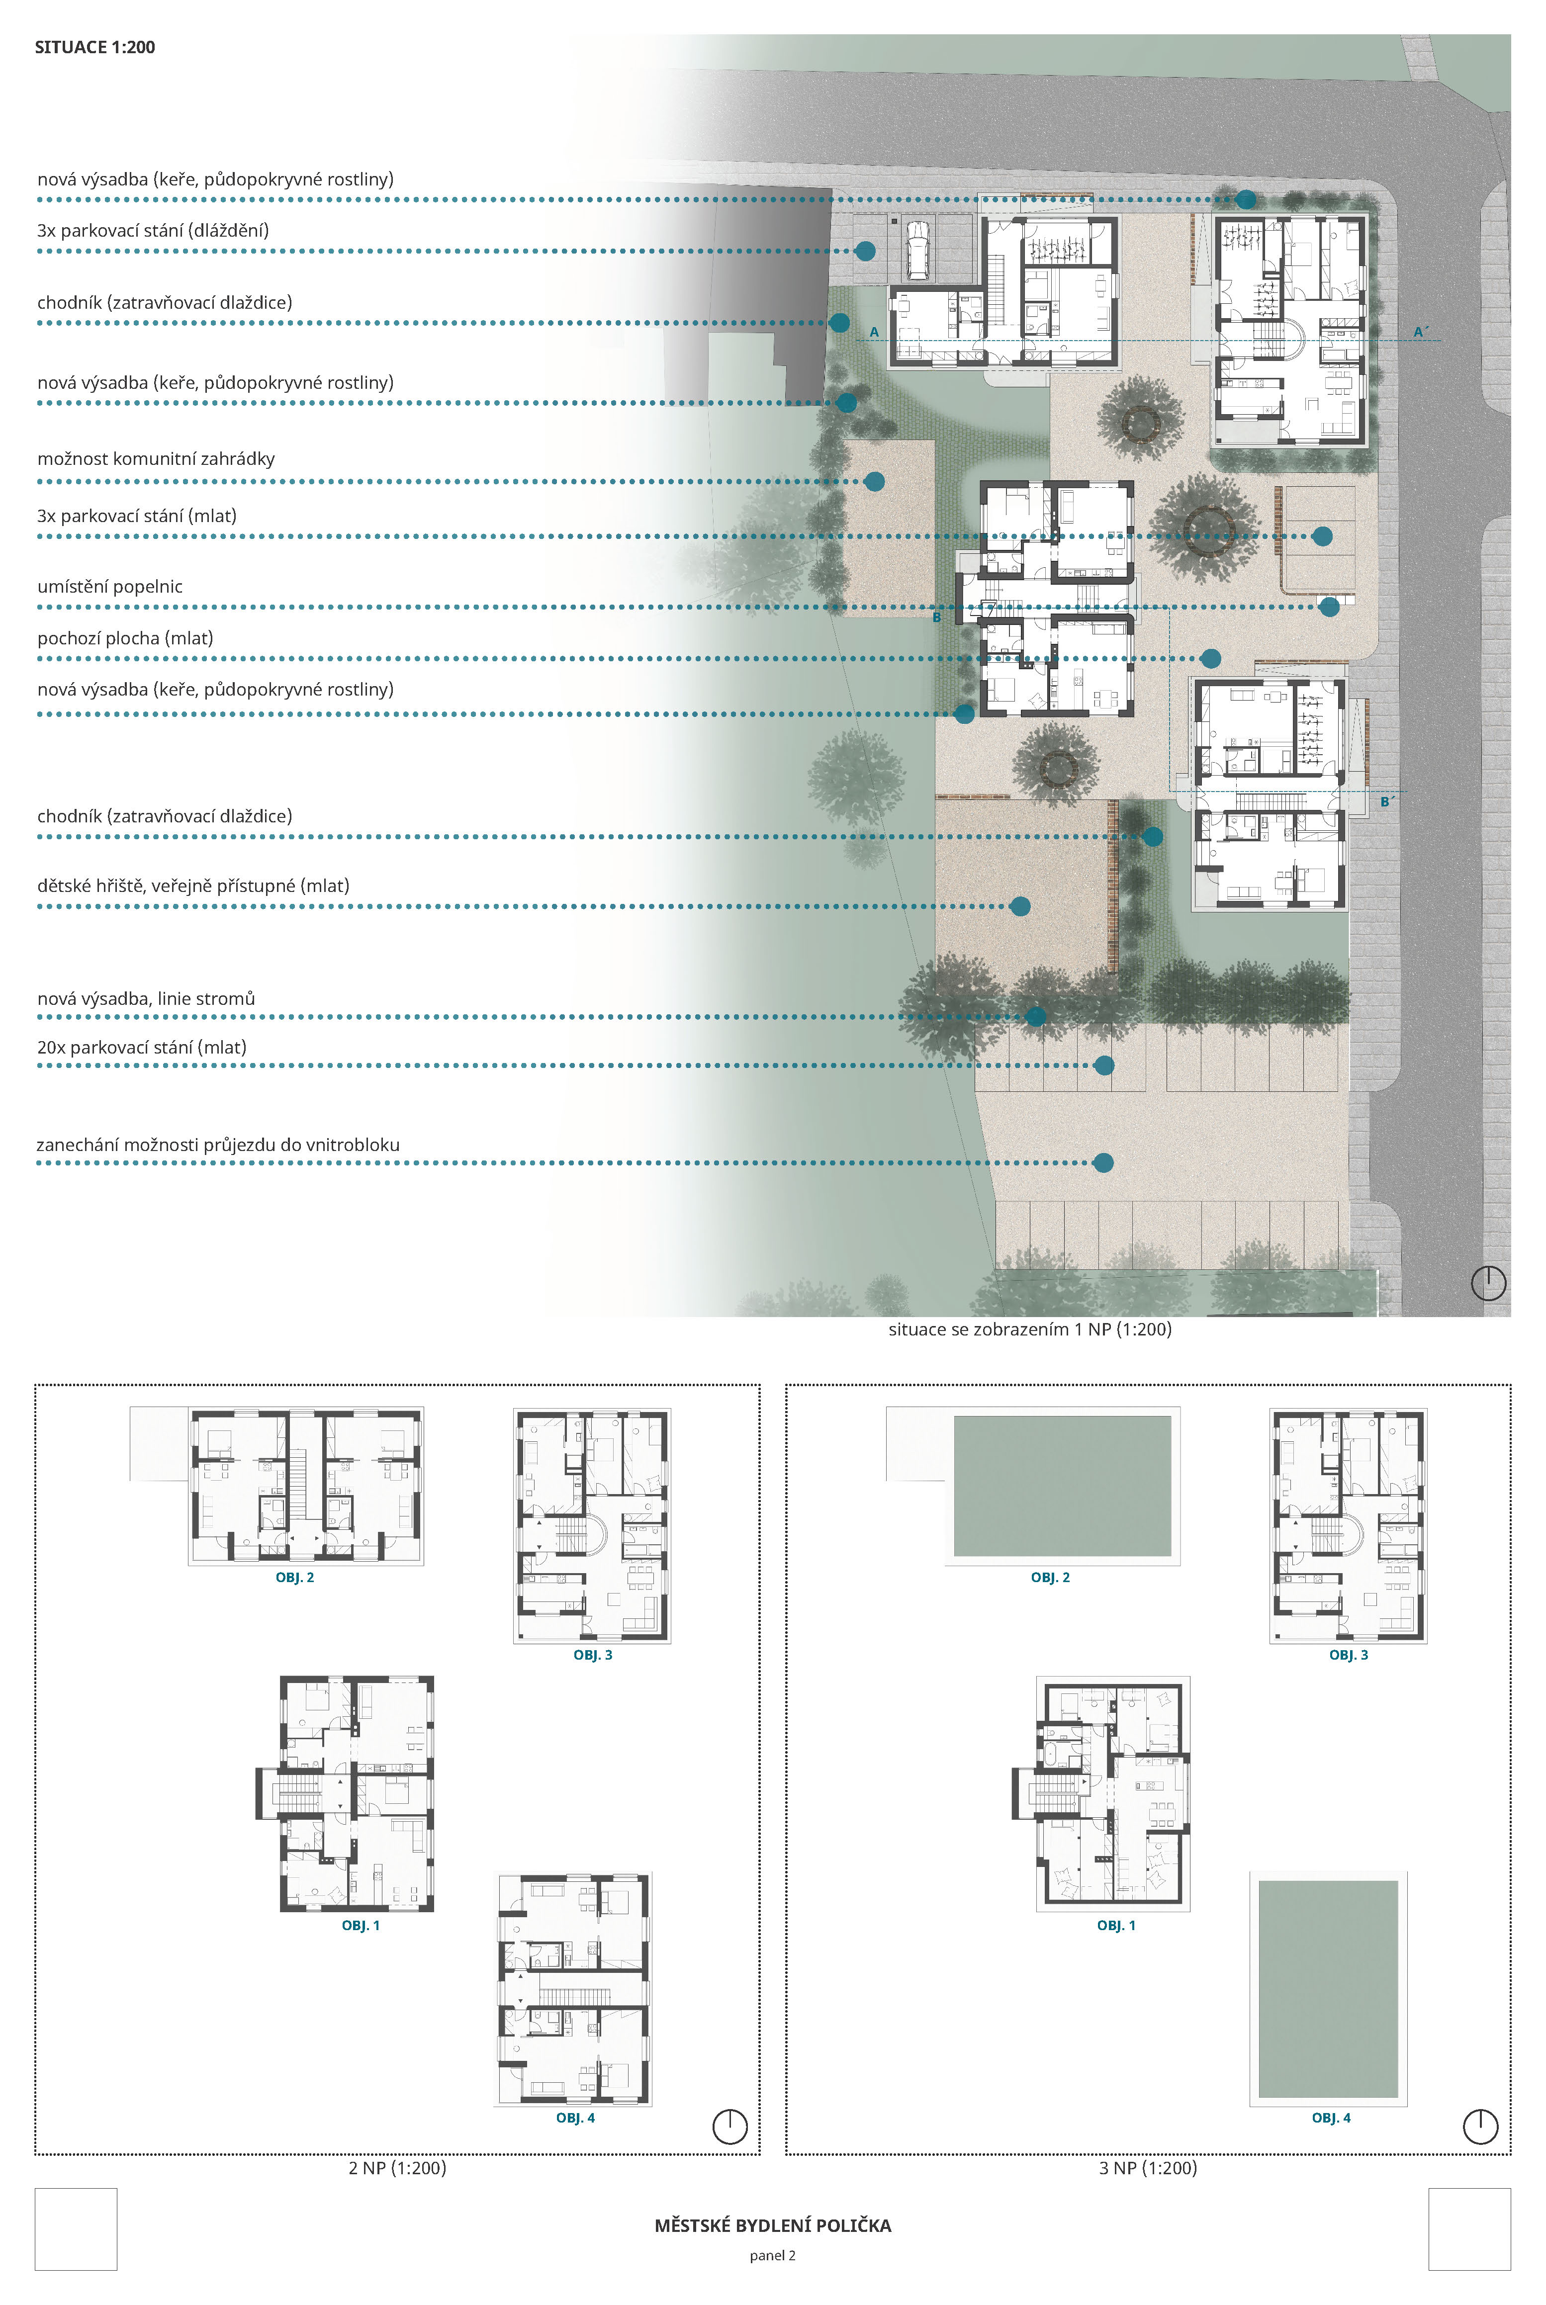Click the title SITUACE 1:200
(94, 47)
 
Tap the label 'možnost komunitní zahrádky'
(156, 458)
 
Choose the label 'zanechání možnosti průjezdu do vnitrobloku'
(218, 1145)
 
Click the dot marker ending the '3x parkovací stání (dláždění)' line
(866, 252)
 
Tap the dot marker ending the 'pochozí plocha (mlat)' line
(1211, 659)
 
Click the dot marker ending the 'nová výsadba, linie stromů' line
(1035, 1016)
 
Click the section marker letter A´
(1420, 332)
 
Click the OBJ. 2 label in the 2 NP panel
(295, 1578)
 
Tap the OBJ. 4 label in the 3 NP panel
(1331, 2118)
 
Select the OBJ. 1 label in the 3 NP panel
(1116, 1926)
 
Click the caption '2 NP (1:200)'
(397, 2168)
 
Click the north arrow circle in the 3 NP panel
(1481, 2127)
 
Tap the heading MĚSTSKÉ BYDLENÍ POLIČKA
(773, 2225)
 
